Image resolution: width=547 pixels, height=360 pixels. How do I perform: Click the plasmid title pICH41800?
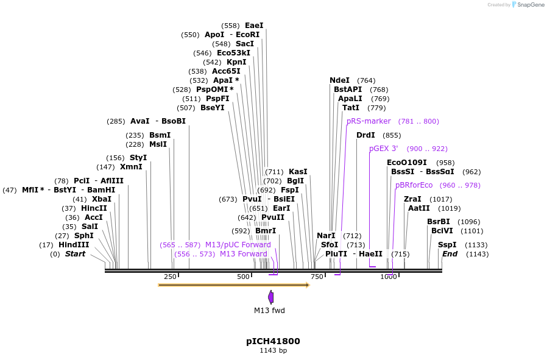tap(273, 341)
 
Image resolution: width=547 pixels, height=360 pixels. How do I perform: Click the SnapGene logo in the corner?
tap(528, 5)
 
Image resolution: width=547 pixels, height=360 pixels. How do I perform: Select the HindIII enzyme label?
tap(74, 245)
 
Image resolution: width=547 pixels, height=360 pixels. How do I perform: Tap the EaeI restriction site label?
tap(254, 26)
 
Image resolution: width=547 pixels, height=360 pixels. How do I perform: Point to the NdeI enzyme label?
tap(339, 80)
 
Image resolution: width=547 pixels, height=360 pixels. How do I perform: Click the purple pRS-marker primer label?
tap(369, 121)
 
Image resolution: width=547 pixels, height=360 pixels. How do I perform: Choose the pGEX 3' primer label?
tap(384, 149)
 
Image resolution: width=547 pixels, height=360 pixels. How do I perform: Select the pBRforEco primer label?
tap(414, 185)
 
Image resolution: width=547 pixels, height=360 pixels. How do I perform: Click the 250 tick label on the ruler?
tap(170, 277)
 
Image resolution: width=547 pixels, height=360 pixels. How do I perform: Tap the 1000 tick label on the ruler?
tap(389, 277)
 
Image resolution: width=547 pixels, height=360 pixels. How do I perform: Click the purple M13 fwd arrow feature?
tap(270, 297)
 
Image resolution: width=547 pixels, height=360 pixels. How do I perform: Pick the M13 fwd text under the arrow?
tap(269, 311)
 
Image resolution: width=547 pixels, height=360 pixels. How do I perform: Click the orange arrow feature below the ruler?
tap(233, 285)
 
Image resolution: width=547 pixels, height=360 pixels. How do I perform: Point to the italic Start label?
tap(76, 254)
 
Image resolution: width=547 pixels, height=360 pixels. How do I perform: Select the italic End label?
tap(450, 254)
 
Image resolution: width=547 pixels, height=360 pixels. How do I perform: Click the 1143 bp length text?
tap(273, 351)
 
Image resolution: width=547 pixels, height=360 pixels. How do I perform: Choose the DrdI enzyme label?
tap(365, 135)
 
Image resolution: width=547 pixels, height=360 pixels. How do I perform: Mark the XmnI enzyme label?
tap(131, 167)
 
